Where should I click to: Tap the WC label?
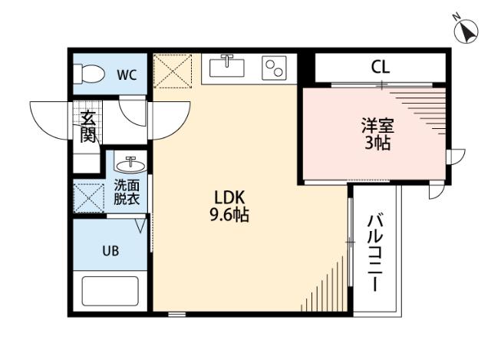127,74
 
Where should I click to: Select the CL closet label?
381,67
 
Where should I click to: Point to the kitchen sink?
226,67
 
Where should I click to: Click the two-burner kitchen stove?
273,68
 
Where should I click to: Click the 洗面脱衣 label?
127,192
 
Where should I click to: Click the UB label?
110,250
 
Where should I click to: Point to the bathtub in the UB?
110,292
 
